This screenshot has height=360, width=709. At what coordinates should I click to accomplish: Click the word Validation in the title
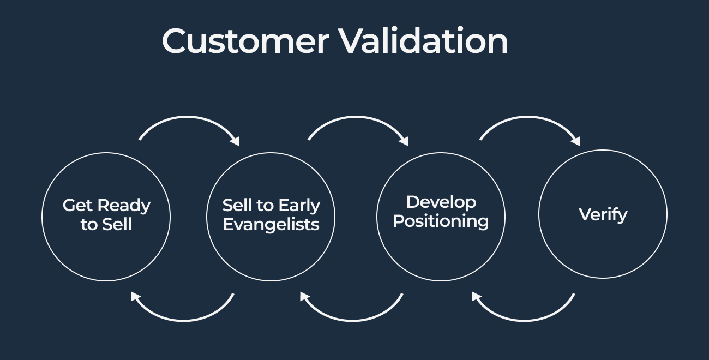(423, 41)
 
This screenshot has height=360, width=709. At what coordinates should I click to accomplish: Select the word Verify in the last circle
(603, 214)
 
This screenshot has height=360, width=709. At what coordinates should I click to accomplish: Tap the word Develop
(441, 202)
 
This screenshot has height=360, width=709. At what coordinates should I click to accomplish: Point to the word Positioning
(441, 221)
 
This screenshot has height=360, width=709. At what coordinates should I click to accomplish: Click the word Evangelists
(271, 225)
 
